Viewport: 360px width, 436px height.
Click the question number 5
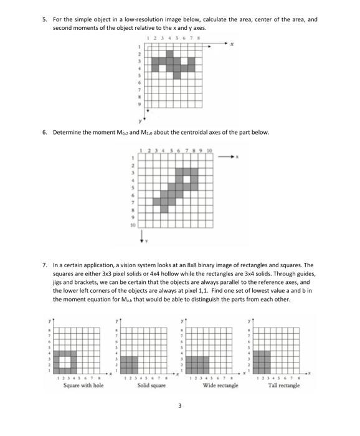click(44, 19)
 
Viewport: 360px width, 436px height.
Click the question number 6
click(44, 132)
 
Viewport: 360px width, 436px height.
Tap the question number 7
click(44, 265)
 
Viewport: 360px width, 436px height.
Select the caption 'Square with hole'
click(83, 386)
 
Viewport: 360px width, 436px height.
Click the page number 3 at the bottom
click(179, 406)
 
